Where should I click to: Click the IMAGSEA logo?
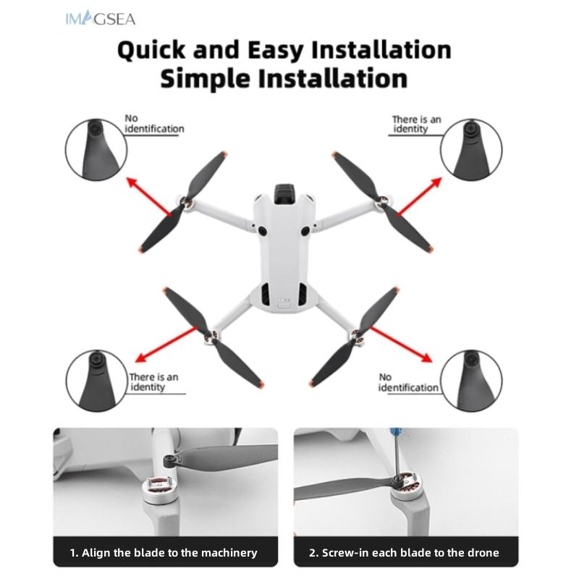pos(99,19)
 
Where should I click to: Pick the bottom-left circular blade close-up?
pos(96,381)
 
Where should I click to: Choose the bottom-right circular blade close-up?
pos(471,381)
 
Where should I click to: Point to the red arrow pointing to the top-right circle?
pos(418,196)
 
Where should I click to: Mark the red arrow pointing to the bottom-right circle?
pos(400,345)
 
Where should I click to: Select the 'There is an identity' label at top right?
pos(415,124)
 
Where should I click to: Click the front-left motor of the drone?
pos(187,205)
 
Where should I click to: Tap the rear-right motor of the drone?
pos(356,334)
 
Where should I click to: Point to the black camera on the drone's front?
pos(285,195)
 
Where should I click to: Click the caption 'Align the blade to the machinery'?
pos(164,552)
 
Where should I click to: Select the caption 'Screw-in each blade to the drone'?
pos(404,552)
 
